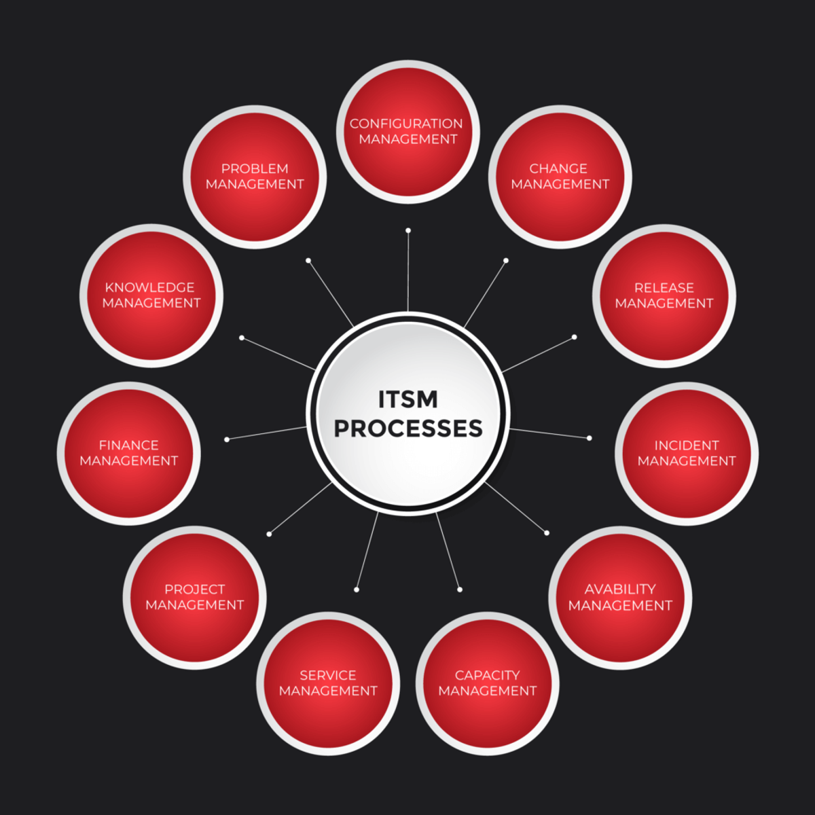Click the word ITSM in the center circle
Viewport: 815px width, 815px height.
407,399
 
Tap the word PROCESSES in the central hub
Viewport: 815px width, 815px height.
408,428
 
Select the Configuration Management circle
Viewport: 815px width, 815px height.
408,132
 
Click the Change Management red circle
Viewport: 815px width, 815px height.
560,177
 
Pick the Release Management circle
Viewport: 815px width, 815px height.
664,296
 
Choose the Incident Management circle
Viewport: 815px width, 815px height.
687,454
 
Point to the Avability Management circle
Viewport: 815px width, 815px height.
620,598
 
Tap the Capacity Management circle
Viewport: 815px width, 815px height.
487,683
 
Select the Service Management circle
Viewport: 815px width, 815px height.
328,683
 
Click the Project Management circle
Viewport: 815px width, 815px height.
194,598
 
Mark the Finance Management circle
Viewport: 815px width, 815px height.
128,454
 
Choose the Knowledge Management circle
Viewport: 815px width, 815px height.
151,295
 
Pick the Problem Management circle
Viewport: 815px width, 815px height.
255,177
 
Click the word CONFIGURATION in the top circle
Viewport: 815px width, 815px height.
406,124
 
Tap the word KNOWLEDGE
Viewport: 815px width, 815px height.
149,287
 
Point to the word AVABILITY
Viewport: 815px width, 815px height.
620,589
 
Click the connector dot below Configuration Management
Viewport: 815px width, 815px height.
408,230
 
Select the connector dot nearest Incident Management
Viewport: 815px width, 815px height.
589,438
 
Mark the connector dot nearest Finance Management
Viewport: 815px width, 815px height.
227,439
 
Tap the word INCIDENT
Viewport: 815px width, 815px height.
687,446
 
